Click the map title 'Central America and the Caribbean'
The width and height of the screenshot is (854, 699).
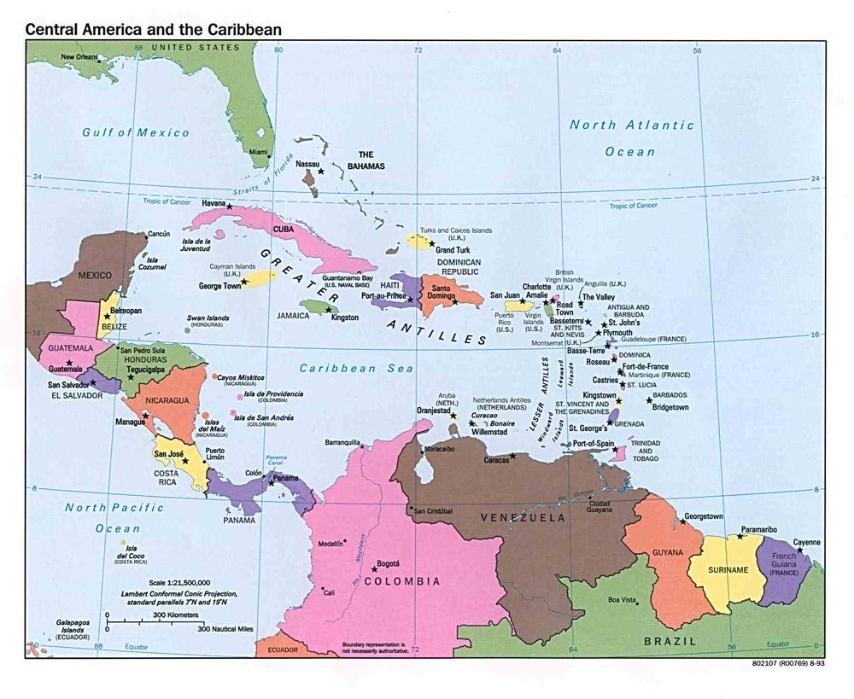point(153,28)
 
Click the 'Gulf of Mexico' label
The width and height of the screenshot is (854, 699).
point(136,132)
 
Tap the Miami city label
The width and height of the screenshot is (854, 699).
point(258,152)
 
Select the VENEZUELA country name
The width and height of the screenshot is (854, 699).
point(523,518)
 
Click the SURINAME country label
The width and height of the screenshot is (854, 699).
point(728,569)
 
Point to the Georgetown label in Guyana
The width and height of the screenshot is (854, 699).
point(704,517)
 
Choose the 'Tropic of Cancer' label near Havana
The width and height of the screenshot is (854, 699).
point(166,201)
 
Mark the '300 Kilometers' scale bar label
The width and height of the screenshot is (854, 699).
point(176,615)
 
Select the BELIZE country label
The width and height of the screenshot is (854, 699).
point(115,326)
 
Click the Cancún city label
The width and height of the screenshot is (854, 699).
point(159,234)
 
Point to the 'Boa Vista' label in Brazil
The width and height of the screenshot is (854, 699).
point(622,599)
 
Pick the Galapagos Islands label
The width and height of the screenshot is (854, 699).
point(75,629)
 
